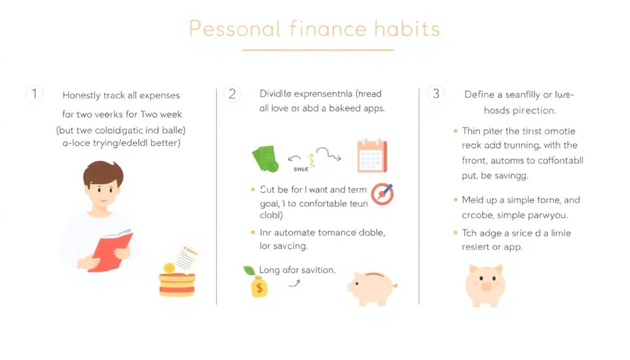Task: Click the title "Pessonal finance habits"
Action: click(314, 28)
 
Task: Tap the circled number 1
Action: click(34, 94)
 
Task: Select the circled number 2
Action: click(232, 94)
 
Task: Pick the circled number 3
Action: click(436, 94)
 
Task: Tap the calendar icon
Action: click(372, 156)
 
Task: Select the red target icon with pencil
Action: click(382, 194)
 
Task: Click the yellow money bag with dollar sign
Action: click(259, 287)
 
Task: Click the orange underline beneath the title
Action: click(317, 50)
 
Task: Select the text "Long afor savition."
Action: click(297, 270)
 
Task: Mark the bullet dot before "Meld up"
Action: click(455, 200)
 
